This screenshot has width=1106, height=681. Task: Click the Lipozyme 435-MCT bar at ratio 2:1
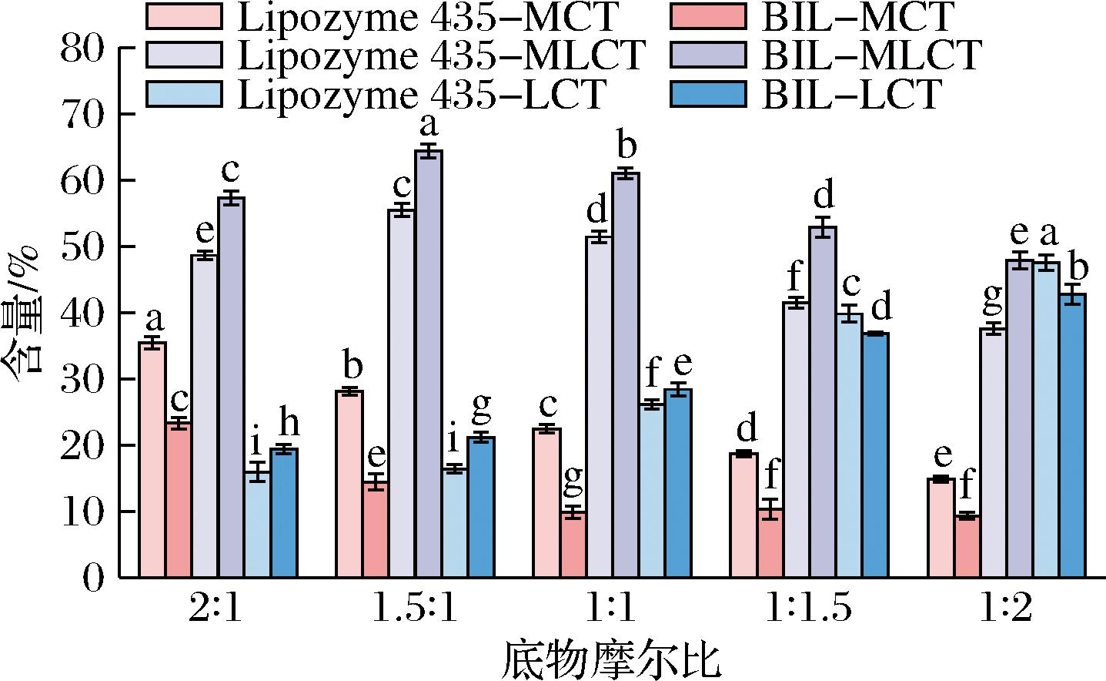(152, 460)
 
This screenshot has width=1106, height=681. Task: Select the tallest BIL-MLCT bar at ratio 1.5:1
(429, 364)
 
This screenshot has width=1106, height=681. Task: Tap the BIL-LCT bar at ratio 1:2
(1072, 435)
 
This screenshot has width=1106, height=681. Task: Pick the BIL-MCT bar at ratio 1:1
(573, 544)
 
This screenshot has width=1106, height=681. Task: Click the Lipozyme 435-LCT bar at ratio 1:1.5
(849, 445)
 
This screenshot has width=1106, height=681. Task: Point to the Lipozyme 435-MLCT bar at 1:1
(599, 406)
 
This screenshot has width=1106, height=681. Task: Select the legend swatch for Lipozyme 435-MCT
(182, 15)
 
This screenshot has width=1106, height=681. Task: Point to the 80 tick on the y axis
(119, 48)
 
